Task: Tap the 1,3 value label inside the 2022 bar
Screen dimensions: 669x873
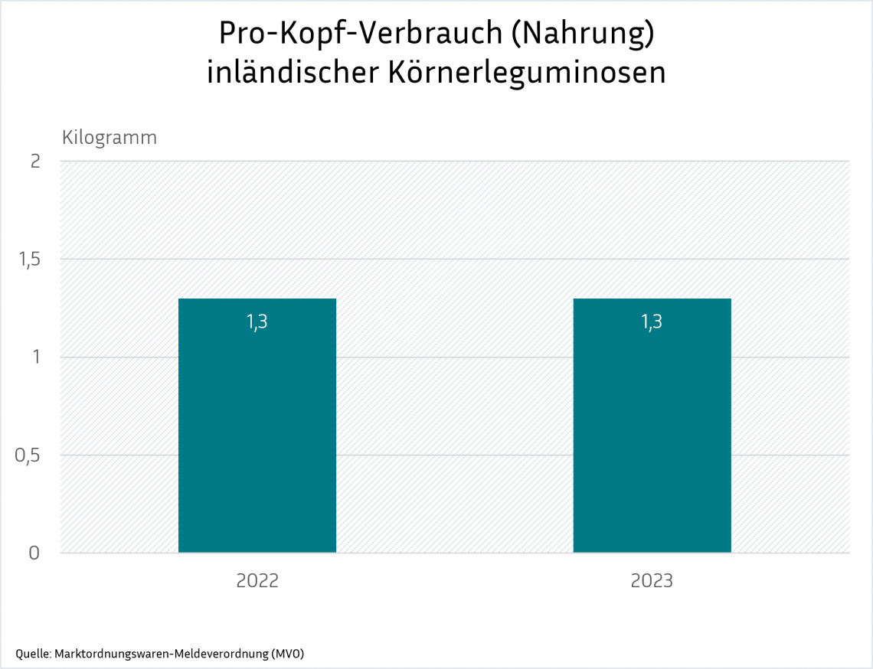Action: pos(257,322)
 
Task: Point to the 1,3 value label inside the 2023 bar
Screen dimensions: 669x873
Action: pos(652,322)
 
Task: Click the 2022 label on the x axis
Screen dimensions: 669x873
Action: pos(257,581)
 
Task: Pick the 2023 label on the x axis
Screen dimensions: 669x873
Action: pos(652,581)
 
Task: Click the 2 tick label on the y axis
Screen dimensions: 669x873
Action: pos(34,162)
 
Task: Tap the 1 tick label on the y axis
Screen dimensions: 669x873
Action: pos(34,357)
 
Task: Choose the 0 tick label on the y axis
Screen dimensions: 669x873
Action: pos(34,553)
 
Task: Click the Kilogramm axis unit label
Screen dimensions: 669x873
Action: pos(110,138)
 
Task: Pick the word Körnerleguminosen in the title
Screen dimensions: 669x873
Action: pos(527,73)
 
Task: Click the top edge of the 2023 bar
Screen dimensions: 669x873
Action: pos(652,299)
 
